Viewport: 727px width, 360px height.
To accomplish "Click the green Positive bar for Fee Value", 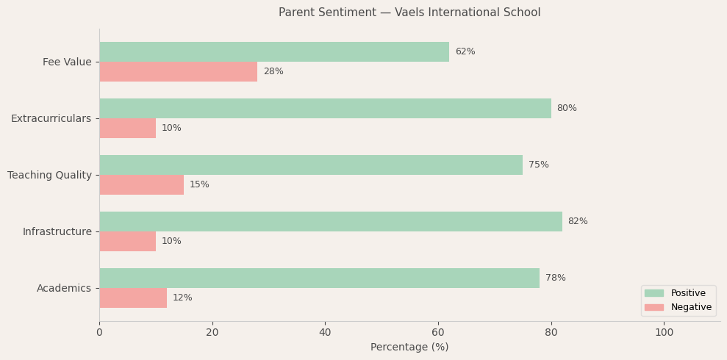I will pyautogui.click(x=274, y=52).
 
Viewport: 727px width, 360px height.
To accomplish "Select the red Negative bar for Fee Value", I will pyautogui.click(x=179, y=72).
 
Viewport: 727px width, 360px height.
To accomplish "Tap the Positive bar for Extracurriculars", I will pyautogui.click(x=325, y=109).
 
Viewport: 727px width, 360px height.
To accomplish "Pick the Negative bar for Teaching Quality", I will pyautogui.click(x=142, y=185).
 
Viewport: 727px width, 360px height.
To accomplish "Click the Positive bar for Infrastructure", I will pyautogui.click(x=331, y=222).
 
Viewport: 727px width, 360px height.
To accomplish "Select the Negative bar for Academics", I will pyautogui.click(x=133, y=298).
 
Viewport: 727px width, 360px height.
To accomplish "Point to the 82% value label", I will pyautogui.click(x=578, y=222).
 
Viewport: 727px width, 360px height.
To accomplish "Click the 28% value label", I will pyautogui.click(x=273, y=72).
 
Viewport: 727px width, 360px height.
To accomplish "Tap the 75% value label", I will pyautogui.click(x=539, y=165).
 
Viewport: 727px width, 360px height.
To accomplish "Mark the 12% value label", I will pyautogui.click(x=182, y=298).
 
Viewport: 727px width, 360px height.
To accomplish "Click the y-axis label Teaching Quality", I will pyautogui.click(x=49, y=176).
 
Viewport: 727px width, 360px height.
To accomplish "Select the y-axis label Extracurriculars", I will pyautogui.click(x=51, y=119).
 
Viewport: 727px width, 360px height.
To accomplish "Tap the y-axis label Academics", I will pyautogui.click(x=64, y=289).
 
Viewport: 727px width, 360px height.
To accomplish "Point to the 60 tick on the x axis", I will pyautogui.click(x=438, y=333).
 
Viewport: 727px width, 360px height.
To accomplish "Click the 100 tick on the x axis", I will pyautogui.click(x=664, y=333).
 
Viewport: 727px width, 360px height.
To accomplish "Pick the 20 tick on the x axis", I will pyautogui.click(x=212, y=333).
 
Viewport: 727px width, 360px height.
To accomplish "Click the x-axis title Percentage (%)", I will pyautogui.click(x=409, y=348).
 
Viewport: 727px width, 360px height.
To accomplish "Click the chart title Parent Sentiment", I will pyautogui.click(x=409, y=12).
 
